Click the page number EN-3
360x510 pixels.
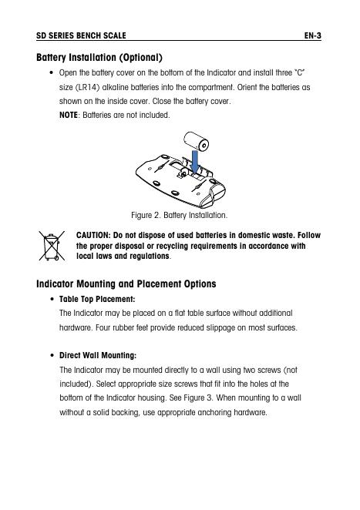click(313, 35)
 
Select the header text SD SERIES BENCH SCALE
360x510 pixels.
click(81, 35)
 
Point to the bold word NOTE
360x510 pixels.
click(69, 115)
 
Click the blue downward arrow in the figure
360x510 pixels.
click(195, 162)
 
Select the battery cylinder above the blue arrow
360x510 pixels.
click(196, 141)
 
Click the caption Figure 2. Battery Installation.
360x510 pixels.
click(180, 215)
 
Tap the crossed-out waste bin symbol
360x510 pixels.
click(52, 246)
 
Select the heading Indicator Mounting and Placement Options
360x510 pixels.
click(126, 284)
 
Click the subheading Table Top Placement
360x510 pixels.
click(97, 299)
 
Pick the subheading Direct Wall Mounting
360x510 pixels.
click(98, 355)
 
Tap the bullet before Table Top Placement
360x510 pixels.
click(52, 299)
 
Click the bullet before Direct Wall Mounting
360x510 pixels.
click(52, 355)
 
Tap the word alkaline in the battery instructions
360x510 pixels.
click(115, 88)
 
